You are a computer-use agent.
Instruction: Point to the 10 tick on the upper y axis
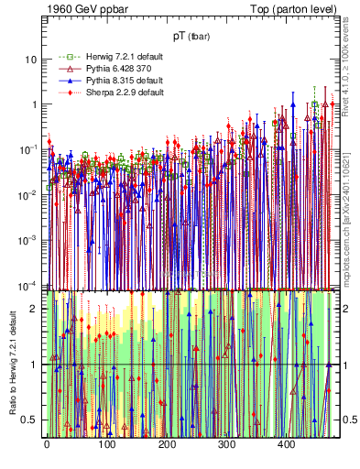[31, 60]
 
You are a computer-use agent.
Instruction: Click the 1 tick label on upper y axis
[34, 104]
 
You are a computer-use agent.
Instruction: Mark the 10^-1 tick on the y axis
[29, 148]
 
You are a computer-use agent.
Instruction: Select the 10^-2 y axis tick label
[29, 193]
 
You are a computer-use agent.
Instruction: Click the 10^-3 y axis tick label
[29, 238]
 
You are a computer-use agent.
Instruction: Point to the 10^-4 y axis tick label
[29, 282]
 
